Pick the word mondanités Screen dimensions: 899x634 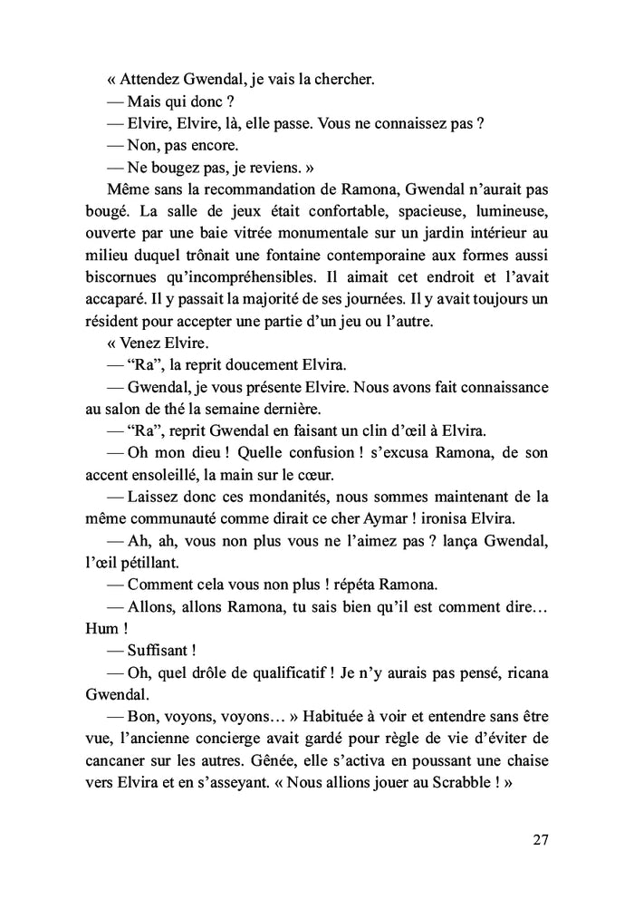click(x=267, y=497)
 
